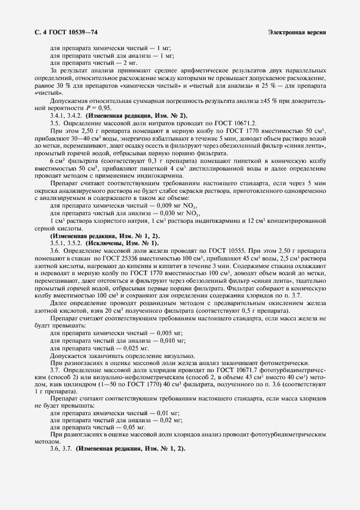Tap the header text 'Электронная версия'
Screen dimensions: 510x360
tap(297, 33)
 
